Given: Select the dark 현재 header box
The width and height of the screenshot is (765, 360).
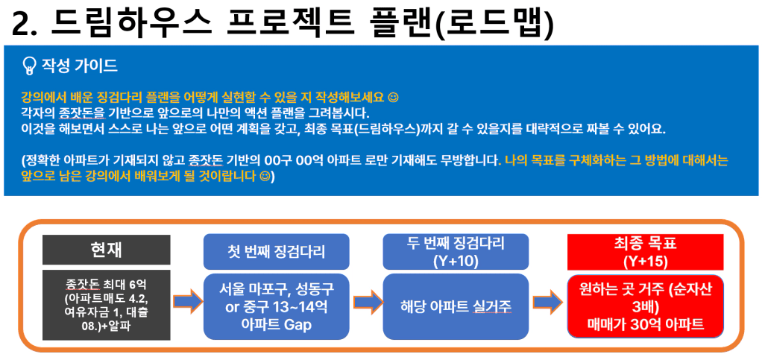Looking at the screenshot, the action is pos(107,250).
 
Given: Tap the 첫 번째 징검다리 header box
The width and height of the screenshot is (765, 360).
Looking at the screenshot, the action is pos(276,252).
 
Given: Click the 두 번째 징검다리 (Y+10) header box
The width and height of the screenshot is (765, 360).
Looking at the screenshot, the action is pos(456,252).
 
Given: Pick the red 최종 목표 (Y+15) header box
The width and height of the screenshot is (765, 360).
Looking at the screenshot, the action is pos(645,252).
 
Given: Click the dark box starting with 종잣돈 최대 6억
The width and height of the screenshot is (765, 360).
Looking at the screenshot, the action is pos(107,305).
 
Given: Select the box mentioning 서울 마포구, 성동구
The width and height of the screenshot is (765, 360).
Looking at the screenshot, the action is pos(276,306).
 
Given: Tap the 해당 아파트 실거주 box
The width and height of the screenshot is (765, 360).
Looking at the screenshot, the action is pos(456,306).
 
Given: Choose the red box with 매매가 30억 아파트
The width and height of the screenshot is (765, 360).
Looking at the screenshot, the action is pos(645,306).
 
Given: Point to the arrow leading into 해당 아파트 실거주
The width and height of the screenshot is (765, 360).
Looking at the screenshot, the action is pos(368,303).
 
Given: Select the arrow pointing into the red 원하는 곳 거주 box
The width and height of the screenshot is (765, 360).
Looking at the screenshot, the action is pos(548,303).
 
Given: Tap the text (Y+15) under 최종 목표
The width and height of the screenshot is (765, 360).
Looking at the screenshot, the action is pos(645,260).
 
